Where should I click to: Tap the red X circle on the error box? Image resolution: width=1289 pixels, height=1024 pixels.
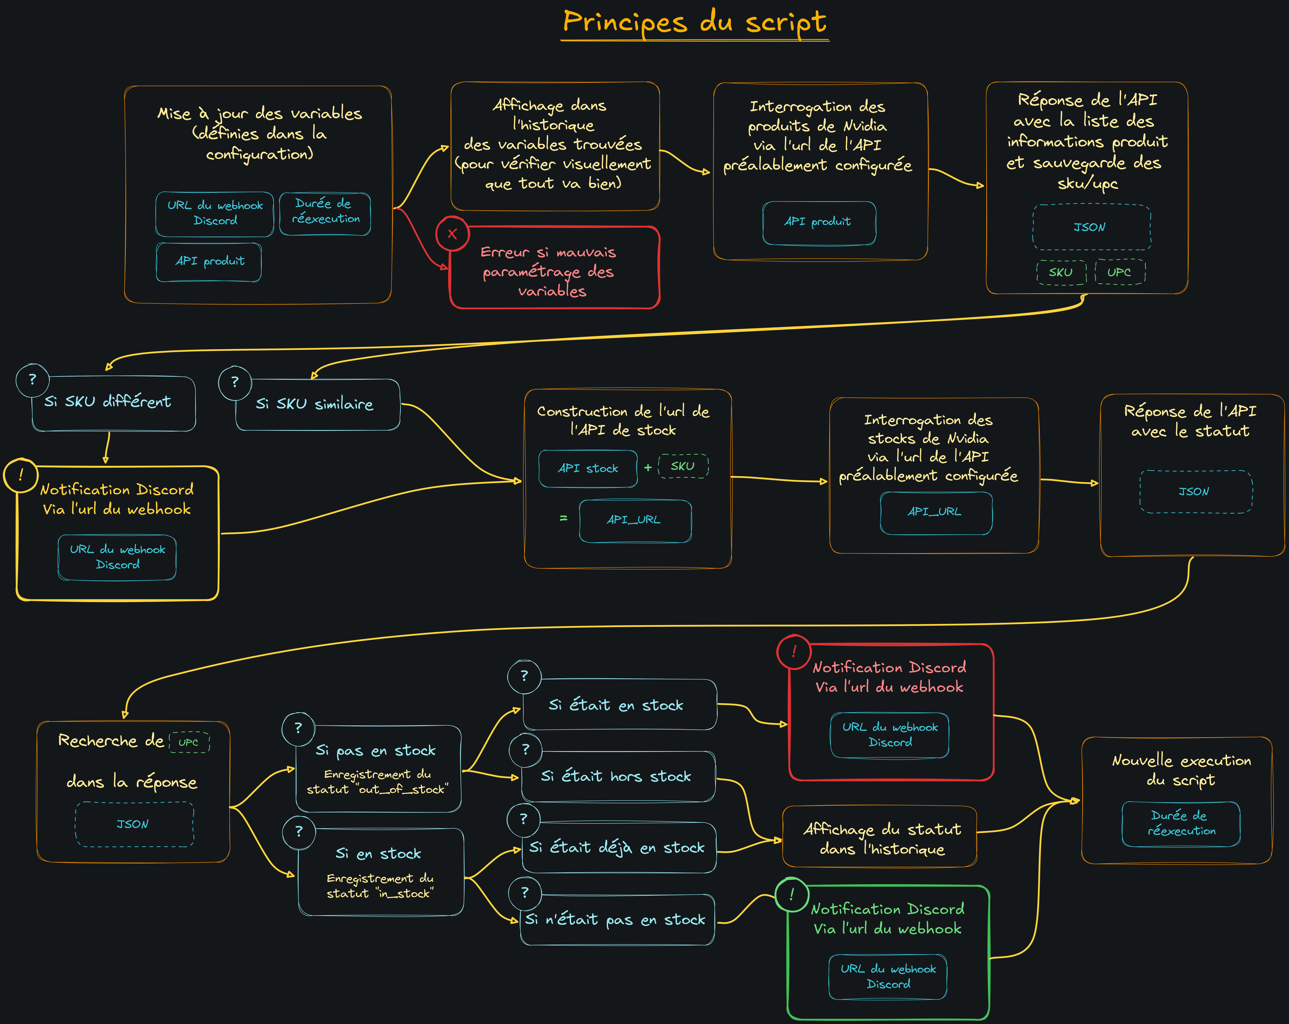453,234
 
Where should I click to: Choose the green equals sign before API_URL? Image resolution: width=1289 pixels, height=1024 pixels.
563,518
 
